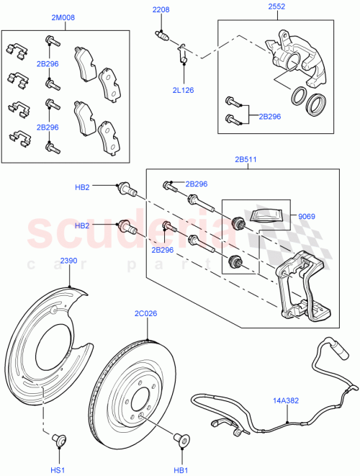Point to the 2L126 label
(184, 90)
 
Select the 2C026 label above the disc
(146, 313)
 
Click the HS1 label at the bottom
(57, 470)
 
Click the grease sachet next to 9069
(267, 216)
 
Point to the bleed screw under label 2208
(163, 37)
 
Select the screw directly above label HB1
(177, 436)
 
